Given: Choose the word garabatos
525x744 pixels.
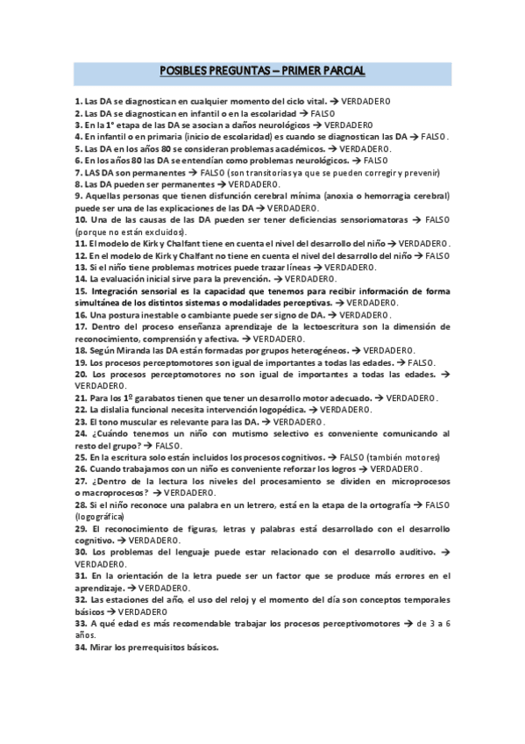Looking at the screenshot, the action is pos(155,397).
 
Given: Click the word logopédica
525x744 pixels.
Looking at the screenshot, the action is pos(276,410).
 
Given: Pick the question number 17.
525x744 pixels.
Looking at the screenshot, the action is pos(81,325).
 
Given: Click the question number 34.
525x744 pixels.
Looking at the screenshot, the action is pos(81,647).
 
